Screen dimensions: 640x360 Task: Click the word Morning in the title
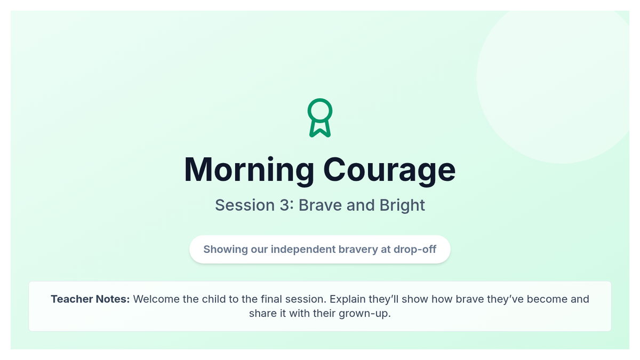[x=249, y=170]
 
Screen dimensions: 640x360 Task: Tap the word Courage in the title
[x=389, y=170]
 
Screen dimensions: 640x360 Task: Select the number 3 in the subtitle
[x=285, y=205]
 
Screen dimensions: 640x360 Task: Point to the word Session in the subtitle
[x=245, y=205]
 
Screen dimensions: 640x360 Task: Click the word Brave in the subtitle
[x=321, y=205]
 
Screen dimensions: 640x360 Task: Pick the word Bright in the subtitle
[x=402, y=205]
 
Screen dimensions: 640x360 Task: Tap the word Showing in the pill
[x=226, y=250]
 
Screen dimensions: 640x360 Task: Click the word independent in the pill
[x=303, y=250]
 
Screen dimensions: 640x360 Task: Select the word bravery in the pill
[x=358, y=250]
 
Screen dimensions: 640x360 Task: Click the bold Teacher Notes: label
[x=90, y=299]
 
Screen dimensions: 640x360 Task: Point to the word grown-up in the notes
[x=365, y=314]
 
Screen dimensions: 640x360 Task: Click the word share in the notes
[x=263, y=314]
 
